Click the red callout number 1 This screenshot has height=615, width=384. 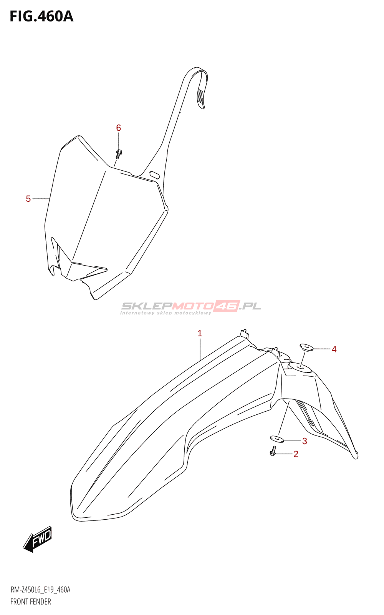pos(200,333)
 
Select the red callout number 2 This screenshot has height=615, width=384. pos(296,454)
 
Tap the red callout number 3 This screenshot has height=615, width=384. pos(305,441)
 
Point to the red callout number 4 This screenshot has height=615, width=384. pos(334,349)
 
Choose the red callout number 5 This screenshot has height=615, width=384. pos(28,199)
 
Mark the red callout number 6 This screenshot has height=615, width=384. pos(119,128)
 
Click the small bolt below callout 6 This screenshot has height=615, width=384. pos(119,153)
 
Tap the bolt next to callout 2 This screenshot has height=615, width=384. pos(273,451)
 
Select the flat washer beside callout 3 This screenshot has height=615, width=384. pos(277,438)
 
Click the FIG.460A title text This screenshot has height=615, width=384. pos(41,17)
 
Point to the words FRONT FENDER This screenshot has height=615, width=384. pos(31,602)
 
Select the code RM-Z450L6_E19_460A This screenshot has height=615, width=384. pos(40,590)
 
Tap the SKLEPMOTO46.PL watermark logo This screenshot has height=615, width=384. pos(191,306)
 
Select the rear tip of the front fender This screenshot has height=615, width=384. pos(356,455)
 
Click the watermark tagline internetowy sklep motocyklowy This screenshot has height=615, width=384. pos(166,313)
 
